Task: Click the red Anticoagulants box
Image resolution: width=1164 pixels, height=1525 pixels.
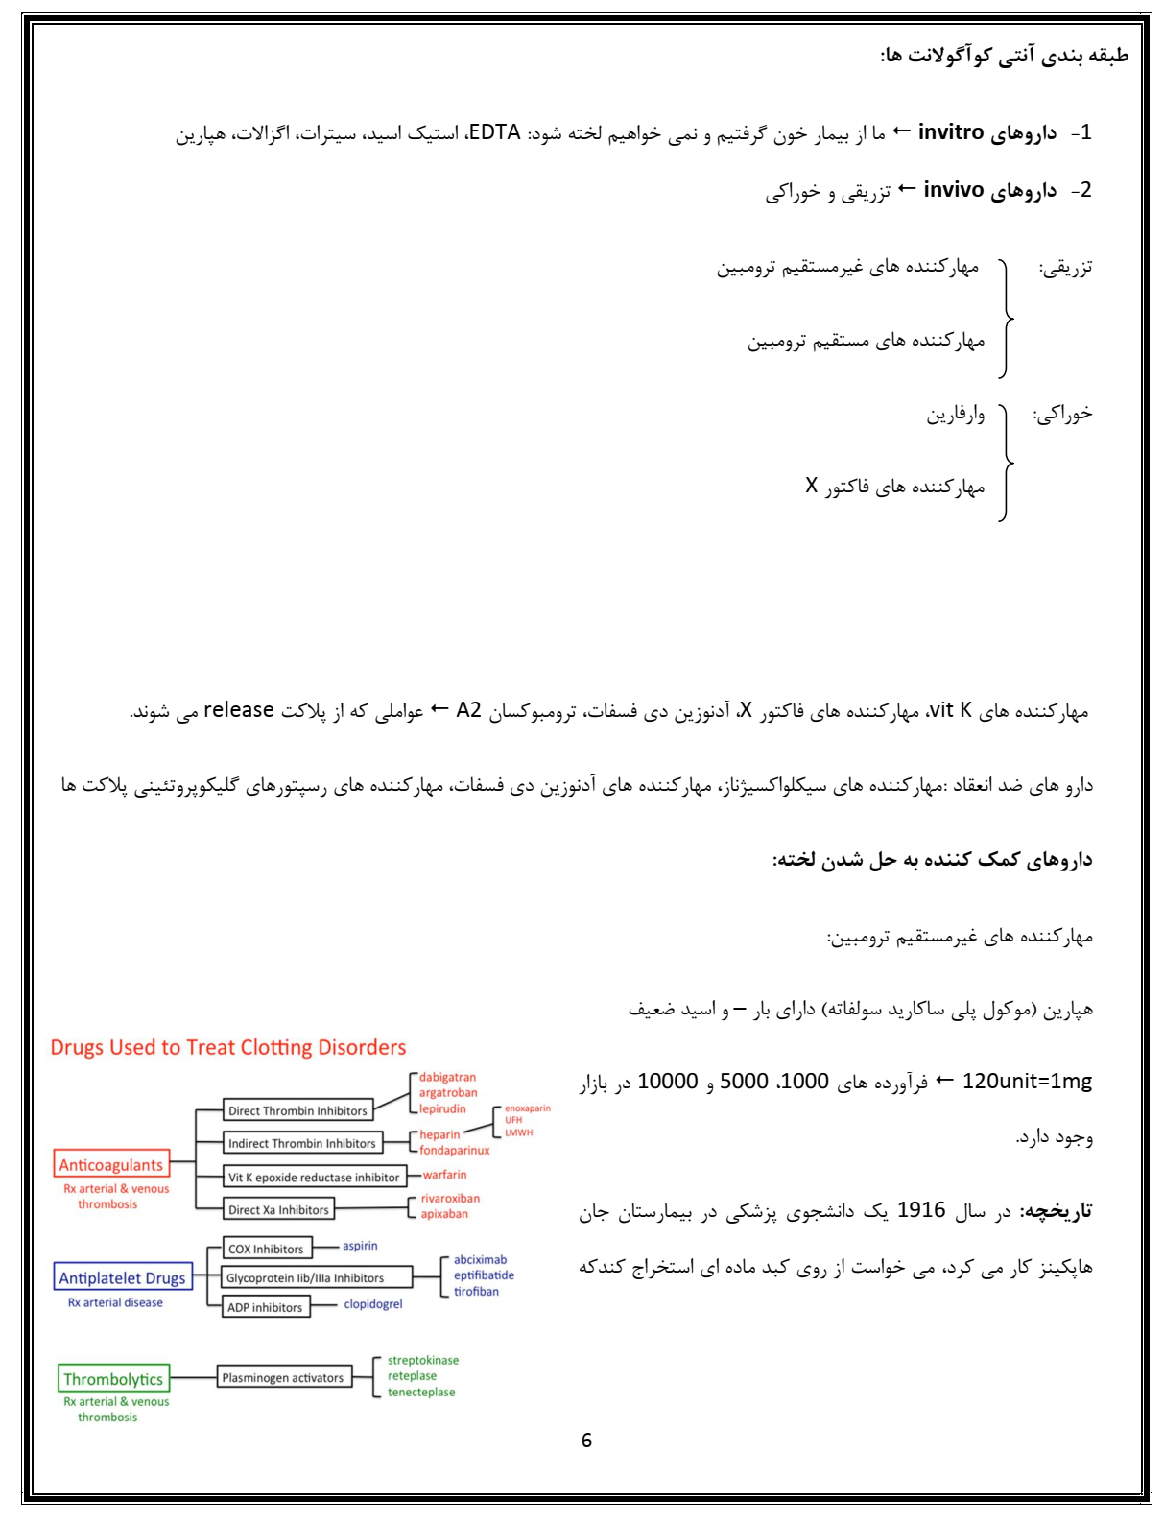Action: (111, 1164)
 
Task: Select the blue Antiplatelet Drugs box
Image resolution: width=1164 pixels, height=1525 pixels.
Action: (122, 1277)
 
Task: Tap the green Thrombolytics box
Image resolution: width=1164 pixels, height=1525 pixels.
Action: (113, 1379)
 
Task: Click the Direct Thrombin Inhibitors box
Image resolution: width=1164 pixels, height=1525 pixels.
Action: (297, 1110)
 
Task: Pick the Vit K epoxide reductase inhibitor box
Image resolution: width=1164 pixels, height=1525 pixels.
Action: (313, 1177)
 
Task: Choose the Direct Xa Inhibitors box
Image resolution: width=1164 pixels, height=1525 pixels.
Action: (278, 1210)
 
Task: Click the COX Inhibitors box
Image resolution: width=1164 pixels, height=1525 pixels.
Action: (265, 1249)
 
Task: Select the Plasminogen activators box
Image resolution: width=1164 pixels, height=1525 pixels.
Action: (282, 1377)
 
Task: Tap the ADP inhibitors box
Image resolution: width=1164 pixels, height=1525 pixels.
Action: (265, 1307)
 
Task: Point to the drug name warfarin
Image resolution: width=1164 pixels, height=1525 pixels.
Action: (444, 1175)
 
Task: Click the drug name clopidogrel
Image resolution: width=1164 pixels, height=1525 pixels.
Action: (373, 1304)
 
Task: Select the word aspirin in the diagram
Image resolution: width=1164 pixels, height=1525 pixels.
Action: (360, 1246)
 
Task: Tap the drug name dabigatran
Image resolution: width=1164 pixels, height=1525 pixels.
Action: (447, 1077)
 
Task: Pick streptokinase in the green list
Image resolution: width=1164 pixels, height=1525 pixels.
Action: (422, 1360)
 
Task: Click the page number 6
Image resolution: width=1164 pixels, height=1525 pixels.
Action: (586, 1440)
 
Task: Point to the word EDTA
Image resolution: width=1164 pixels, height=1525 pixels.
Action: (494, 132)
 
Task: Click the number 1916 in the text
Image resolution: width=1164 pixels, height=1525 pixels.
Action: (921, 1210)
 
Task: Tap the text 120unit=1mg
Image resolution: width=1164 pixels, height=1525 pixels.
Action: (1027, 1082)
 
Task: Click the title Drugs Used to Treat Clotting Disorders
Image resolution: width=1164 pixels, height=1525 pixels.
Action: (228, 1047)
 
